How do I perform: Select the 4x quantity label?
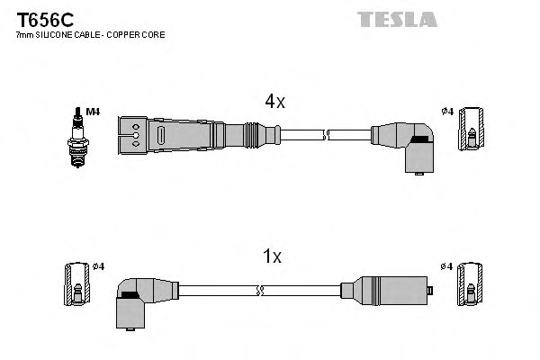[x=274, y=103]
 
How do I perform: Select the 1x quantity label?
[x=273, y=256]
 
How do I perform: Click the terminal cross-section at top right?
[x=472, y=131]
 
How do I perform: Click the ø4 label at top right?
[x=446, y=112]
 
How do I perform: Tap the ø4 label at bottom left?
[x=99, y=266]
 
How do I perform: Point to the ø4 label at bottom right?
[x=446, y=266]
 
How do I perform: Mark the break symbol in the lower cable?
[x=259, y=291]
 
